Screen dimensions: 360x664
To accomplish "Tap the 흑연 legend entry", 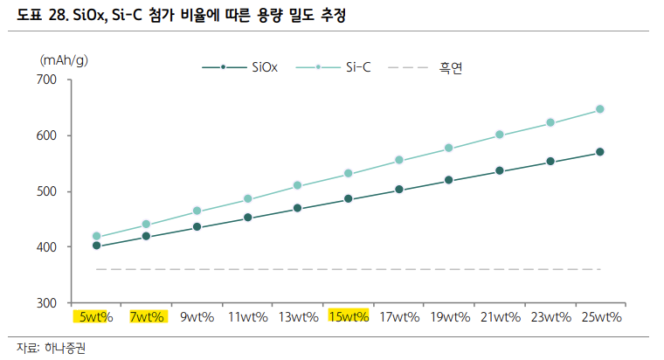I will [x=450, y=66].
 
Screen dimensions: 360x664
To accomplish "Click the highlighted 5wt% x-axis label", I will [x=93, y=317].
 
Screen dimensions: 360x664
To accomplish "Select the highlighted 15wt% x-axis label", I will [x=349, y=317].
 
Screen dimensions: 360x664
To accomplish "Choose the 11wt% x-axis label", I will [x=247, y=317].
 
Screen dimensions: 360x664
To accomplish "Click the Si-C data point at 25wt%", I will [x=600, y=109].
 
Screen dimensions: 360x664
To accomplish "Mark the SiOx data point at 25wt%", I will [x=600, y=152].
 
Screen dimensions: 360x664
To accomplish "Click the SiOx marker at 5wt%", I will [x=96, y=246].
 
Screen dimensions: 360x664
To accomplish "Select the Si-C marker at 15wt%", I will [x=349, y=174].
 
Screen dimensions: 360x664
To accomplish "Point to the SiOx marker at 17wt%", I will [x=399, y=190].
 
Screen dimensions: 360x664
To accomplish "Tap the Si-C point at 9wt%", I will [x=197, y=211].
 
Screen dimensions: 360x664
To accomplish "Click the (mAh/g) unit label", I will [x=69, y=59].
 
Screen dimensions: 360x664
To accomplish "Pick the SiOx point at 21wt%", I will [x=500, y=171].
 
